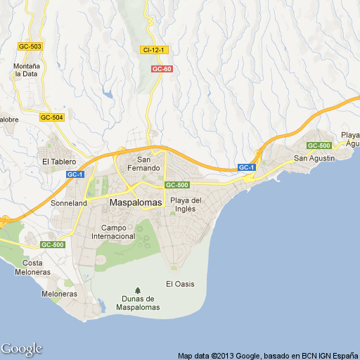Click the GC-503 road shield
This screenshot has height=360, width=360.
pos(30,46)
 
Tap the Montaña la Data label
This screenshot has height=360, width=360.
pos(25,70)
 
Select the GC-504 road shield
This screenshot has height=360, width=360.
pos(51,117)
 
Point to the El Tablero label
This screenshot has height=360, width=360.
pos(58,161)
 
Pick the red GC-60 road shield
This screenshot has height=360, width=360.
pos(162,69)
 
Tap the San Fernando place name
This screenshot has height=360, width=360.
pos(153,163)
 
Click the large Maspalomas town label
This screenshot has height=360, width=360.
pos(136,202)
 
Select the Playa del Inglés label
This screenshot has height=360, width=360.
pos(186,205)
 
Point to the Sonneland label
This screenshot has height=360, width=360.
pos(69,203)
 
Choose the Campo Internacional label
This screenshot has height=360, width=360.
pos(113,232)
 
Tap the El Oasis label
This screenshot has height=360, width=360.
pos(180,284)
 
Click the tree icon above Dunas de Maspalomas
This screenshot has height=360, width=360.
pos(138,290)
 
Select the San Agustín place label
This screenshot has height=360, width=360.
pos(314,157)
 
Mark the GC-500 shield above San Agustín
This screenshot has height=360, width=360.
pos(319,146)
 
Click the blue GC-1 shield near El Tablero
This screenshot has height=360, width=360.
pos(75,174)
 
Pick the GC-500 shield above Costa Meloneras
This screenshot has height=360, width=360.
pos(52,245)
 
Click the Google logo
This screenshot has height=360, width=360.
pos(21,349)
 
